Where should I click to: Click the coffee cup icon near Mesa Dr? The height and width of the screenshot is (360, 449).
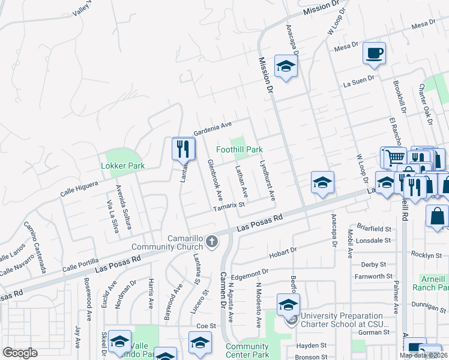coord(374,53)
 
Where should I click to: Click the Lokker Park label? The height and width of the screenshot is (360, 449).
coord(123,166)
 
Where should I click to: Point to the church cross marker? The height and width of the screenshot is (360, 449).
coord(211,242)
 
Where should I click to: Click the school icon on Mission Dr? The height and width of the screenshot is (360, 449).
coord(286,67)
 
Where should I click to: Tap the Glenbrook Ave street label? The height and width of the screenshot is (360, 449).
coord(215,180)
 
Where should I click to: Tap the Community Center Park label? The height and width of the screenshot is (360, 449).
coord(247,350)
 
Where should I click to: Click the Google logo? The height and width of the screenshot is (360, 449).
coord(20,353)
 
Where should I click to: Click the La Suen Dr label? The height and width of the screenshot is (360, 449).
coord(359,80)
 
